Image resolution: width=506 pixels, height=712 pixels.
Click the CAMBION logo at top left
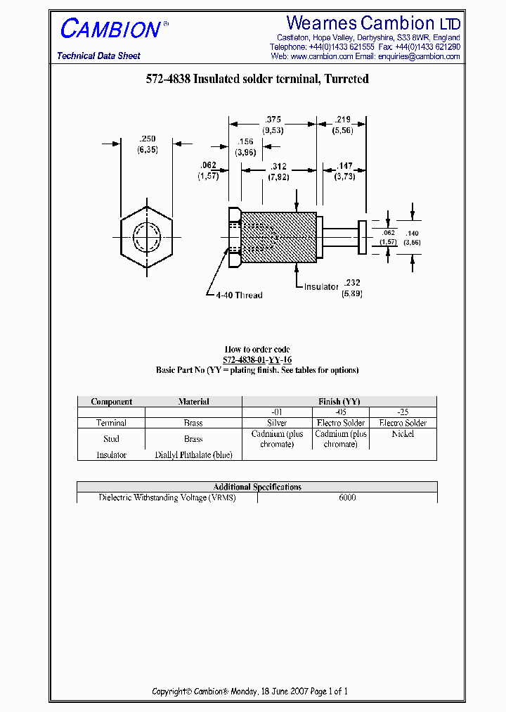[x=111, y=29]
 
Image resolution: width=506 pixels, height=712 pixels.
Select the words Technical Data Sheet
[x=98, y=56]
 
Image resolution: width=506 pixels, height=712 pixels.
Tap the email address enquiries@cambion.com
[x=418, y=56]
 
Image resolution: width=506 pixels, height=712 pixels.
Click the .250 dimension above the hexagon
[x=148, y=139]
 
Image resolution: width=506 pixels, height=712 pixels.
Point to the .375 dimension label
[x=272, y=120]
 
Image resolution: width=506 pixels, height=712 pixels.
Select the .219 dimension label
[x=344, y=120]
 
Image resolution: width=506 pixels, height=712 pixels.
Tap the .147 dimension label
[x=344, y=166]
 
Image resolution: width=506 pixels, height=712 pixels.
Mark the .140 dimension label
[x=413, y=232]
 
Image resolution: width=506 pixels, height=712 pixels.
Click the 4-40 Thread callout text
[x=239, y=295]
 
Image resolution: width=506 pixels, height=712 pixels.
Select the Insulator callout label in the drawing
[x=321, y=287]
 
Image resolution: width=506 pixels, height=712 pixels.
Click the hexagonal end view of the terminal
[x=148, y=232]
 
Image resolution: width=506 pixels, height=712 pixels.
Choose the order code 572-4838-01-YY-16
[x=257, y=360]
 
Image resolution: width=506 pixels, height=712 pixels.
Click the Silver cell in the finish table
[x=277, y=423]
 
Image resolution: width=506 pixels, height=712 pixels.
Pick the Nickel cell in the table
[x=403, y=434]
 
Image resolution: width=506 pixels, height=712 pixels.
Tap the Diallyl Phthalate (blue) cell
[x=193, y=455]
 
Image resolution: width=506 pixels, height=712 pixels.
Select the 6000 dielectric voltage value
[x=347, y=497]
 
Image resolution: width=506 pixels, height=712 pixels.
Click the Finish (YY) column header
[x=339, y=402]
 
